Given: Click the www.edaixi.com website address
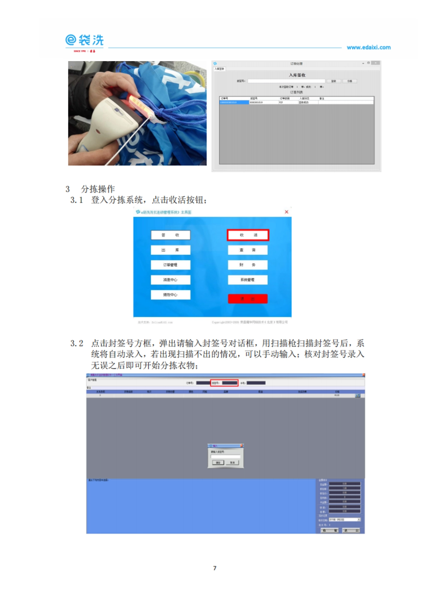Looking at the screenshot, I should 369,47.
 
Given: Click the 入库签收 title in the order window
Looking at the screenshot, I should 297,75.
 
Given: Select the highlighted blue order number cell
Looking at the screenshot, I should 234,103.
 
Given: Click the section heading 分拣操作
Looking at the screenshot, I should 98,189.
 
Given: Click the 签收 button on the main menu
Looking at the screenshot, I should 171,235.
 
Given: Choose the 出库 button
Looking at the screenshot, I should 171,250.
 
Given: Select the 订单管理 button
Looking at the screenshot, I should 171,265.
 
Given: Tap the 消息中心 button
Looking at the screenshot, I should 171,280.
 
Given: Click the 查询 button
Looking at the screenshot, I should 247,250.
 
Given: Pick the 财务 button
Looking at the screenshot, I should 247,265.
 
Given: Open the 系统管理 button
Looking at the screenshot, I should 247,280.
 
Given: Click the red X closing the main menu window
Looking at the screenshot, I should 286,212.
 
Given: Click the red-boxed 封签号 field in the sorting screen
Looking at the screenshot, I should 225,383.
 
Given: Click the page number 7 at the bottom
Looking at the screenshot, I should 214,568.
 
